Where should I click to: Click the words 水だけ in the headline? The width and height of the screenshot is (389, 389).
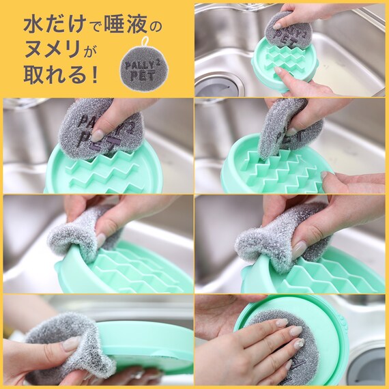pos(55,25)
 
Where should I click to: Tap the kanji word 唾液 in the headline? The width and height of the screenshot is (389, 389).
pos(126,25)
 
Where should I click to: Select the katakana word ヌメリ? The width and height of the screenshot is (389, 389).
pos(53,49)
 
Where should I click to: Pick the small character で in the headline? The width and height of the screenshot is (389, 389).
pos(94,27)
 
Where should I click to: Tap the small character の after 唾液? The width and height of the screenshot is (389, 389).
pos(156,27)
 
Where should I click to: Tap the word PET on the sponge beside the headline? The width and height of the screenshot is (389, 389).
pos(143,76)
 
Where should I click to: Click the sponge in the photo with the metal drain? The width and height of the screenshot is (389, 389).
pos(288,35)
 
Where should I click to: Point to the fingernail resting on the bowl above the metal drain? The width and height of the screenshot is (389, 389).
pos(279,72)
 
